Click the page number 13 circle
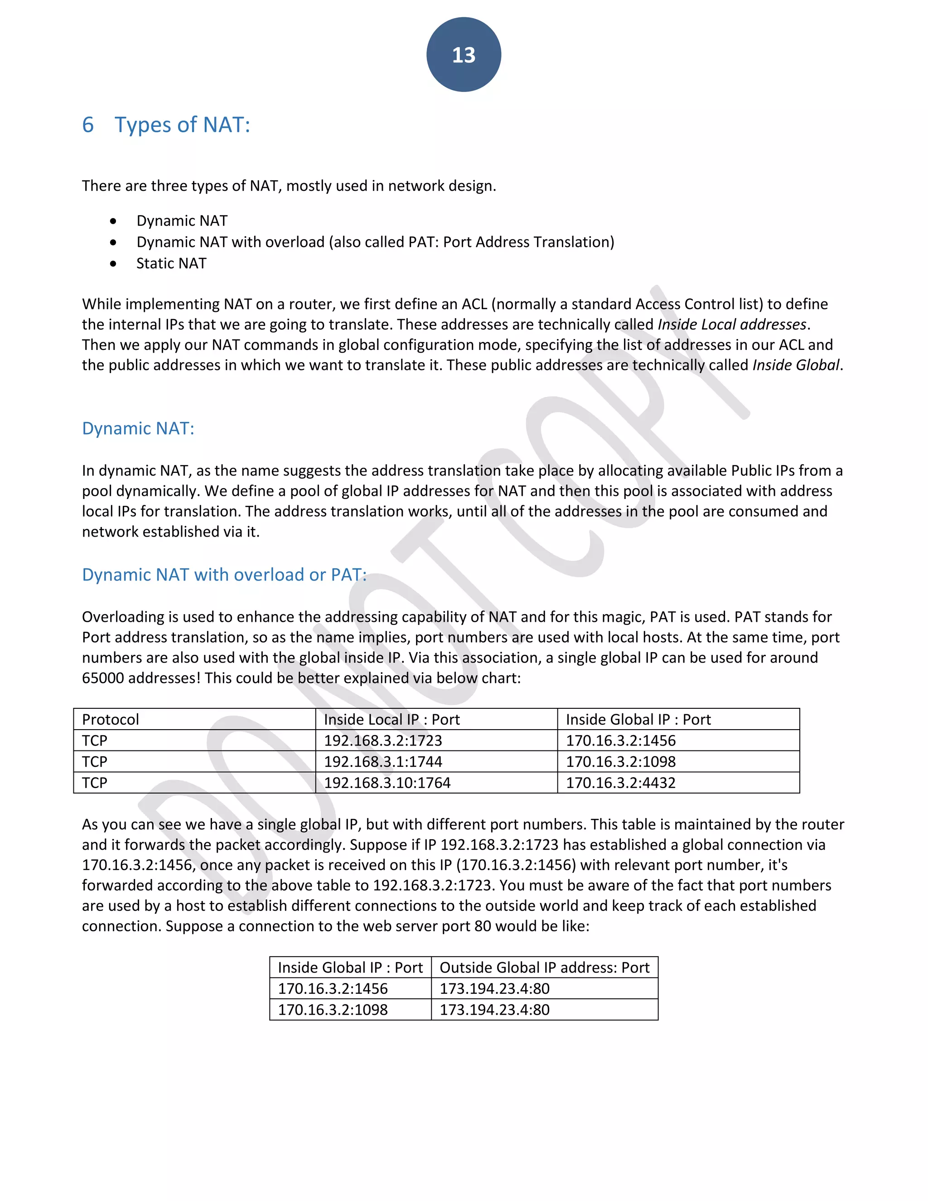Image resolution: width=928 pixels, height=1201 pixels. tap(464, 54)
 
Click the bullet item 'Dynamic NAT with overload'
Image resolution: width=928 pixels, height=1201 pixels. tap(375, 242)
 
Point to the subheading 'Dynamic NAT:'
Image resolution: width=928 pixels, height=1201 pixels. tap(138, 428)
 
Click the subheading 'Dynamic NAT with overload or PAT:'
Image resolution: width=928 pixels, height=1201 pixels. tap(224, 575)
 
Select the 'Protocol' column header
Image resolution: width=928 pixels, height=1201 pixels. tap(111, 719)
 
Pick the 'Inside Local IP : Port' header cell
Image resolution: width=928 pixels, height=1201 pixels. tap(391, 719)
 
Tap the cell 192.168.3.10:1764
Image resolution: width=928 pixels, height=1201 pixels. tap(387, 783)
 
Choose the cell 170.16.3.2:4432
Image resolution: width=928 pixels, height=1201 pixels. tap(621, 783)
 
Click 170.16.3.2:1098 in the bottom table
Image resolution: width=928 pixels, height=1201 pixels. tap(333, 1010)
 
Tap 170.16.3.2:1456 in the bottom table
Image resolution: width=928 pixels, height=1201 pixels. tap(333, 989)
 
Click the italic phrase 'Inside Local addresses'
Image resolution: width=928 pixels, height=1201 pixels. tap(732, 324)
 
